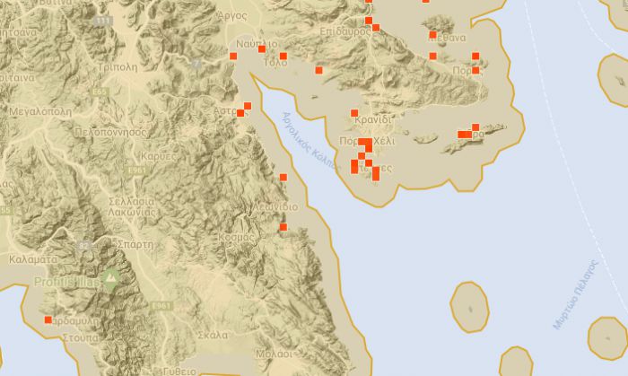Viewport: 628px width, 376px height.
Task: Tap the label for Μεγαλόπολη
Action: pyautogui.click(x=39, y=112)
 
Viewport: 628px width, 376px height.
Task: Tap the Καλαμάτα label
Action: pyautogui.click(x=32, y=258)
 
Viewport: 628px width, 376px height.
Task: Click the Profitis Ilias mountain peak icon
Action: pyautogui.click(x=110, y=278)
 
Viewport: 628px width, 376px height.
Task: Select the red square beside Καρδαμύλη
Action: pyautogui.click(x=48, y=319)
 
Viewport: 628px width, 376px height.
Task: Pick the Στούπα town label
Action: pyautogui.click(x=80, y=338)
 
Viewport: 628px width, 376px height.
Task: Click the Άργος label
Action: pyautogui.click(x=232, y=16)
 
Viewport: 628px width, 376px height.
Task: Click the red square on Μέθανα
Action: pyautogui.click(x=432, y=36)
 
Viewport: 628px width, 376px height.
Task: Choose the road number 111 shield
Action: pyautogui.click(x=104, y=21)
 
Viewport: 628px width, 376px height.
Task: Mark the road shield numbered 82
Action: pyautogui.click(x=85, y=245)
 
